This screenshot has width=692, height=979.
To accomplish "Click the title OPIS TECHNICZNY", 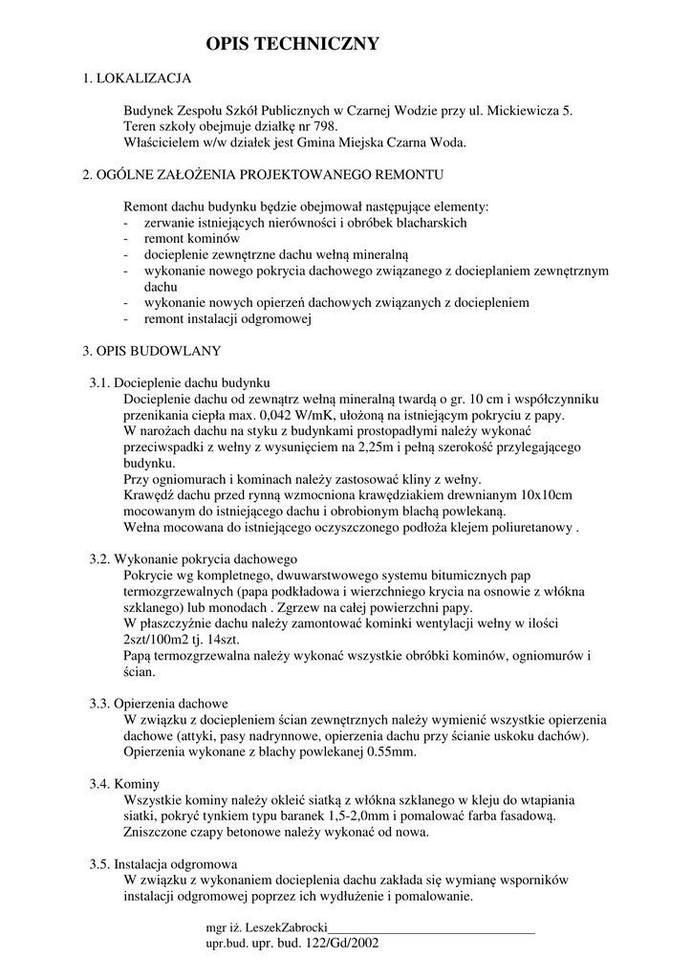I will point(293,44).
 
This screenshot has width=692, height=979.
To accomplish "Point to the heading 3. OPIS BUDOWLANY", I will point(152,351).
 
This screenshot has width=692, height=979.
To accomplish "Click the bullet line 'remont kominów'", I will point(191,238).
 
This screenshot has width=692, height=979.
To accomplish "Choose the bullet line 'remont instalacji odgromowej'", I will point(228,319).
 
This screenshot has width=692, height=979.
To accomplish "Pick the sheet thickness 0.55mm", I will point(389,751).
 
